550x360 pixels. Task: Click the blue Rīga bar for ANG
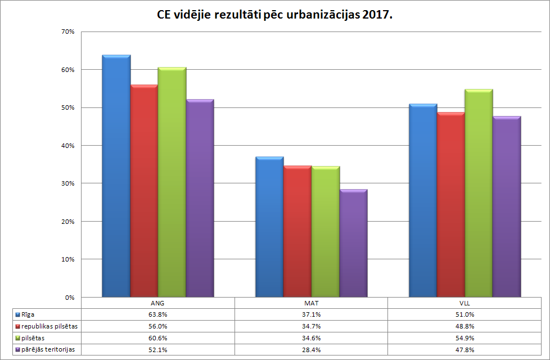116,175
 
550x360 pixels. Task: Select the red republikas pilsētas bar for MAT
297,231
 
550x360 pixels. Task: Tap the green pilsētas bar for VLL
479,193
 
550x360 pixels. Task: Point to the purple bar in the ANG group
200,198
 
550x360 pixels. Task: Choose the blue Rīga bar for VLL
423,200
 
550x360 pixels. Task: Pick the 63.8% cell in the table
157,314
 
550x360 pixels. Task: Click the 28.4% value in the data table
311,349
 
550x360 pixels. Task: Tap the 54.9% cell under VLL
465,338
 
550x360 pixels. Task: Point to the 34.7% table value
311,326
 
